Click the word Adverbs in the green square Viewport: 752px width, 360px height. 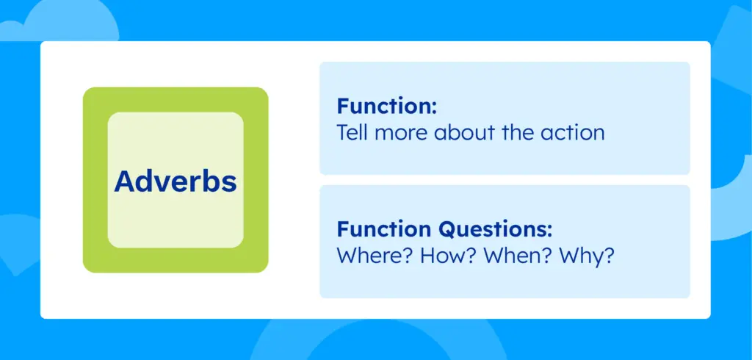coord(176,181)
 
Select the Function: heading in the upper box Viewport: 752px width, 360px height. coord(387,107)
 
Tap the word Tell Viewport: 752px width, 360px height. coord(352,133)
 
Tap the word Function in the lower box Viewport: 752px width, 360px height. coord(385,230)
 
